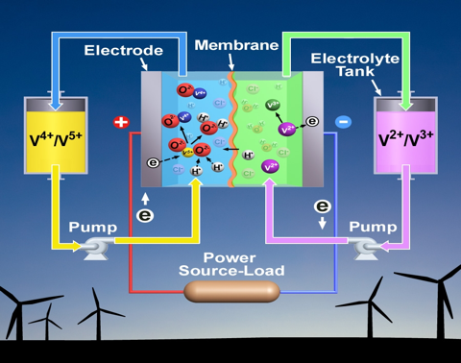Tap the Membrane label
[226, 45]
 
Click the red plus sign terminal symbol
[120, 123]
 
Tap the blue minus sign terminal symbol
[344, 122]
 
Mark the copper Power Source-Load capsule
[230, 289]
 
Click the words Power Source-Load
[230, 264]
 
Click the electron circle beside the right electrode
[312, 121]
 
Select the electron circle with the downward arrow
[323, 206]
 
